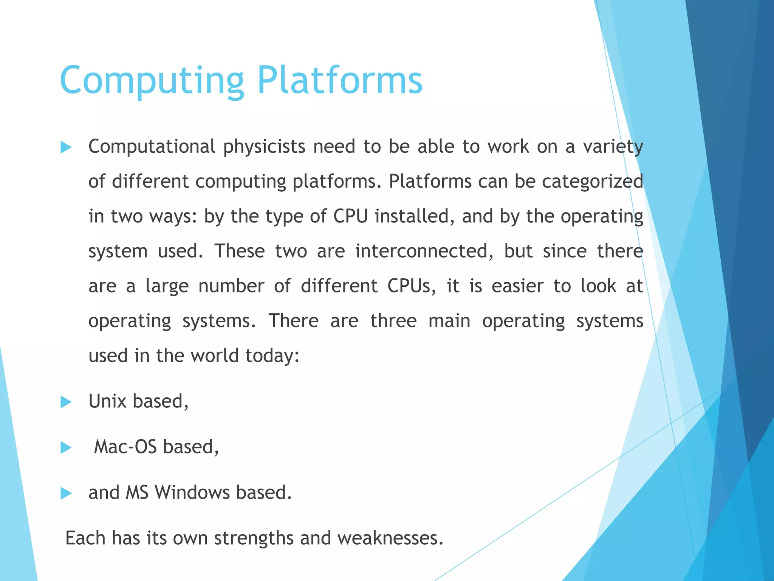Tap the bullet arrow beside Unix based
tap(66, 402)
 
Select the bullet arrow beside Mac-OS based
tap(66, 447)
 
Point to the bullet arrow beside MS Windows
tap(66, 493)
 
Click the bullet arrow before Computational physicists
tap(66, 147)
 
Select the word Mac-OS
tap(125, 447)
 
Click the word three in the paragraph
tap(393, 321)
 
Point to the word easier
tap(517, 286)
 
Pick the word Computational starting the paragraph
tap(152, 147)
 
